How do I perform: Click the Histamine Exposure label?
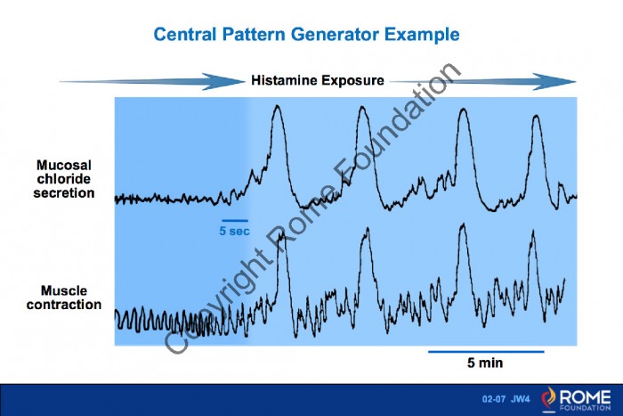coord(318,80)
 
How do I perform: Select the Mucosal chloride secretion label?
coord(64,179)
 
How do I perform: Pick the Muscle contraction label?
coord(64,298)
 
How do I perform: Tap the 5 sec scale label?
coord(234,231)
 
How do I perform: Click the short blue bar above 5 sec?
coord(235,220)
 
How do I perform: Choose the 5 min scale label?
coord(485,363)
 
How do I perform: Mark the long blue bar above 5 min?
coord(486,352)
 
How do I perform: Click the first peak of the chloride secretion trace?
coord(277,106)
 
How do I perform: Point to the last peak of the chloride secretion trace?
coord(537,116)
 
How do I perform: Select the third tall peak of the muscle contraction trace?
coord(463,225)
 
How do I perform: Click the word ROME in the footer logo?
coord(586,397)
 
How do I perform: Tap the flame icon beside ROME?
coord(549,399)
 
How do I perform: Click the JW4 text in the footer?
coord(521,399)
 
